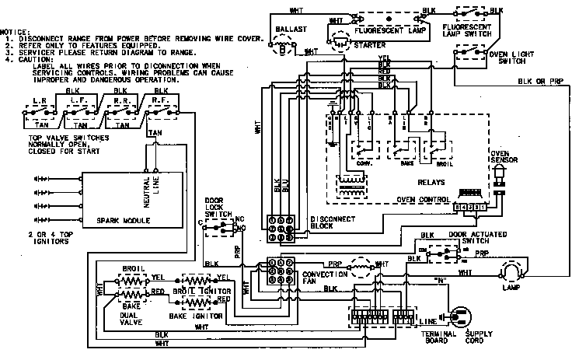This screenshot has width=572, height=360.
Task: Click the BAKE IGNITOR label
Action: click(197, 318)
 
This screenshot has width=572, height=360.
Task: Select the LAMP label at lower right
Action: click(515, 289)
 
